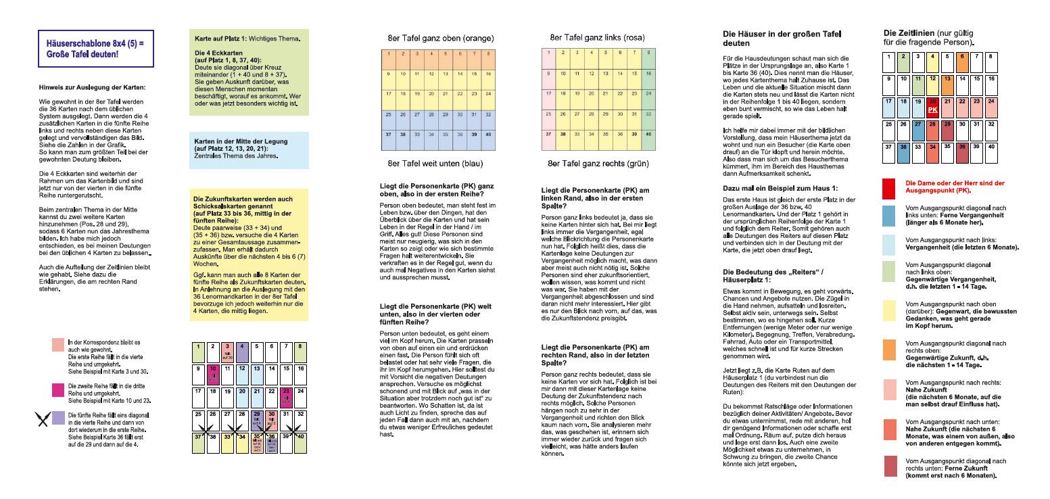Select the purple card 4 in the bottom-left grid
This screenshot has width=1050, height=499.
243,350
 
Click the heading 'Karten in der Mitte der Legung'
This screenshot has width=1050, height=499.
240,141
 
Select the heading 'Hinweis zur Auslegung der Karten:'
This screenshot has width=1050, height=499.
91,87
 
